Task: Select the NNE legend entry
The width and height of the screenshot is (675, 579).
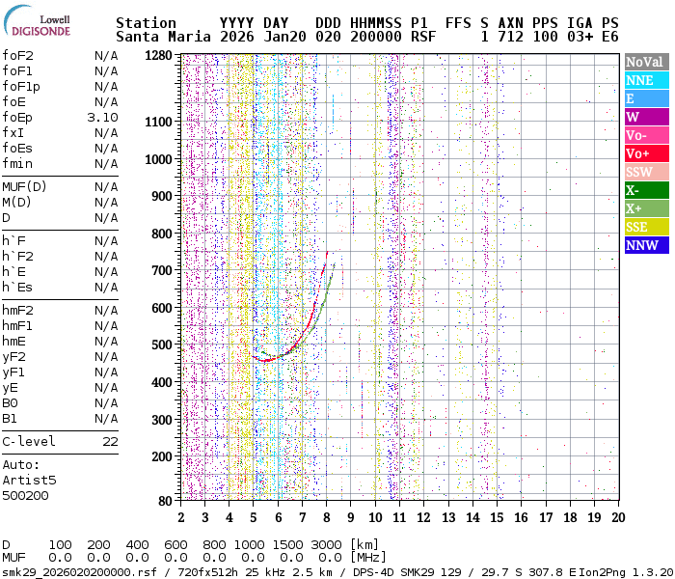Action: (x=646, y=80)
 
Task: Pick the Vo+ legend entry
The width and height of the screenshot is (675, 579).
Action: (x=646, y=153)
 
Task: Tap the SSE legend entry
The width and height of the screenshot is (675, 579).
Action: (x=646, y=227)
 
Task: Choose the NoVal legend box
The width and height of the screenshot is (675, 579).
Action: (x=646, y=62)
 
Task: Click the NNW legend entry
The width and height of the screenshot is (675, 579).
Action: (x=646, y=245)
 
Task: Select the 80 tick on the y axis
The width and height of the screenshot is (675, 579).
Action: (x=165, y=500)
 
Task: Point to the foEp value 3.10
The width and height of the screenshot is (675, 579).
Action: (x=102, y=118)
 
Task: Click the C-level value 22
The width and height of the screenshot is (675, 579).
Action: (x=110, y=442)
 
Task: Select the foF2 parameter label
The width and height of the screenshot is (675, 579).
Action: (x=17, y=56)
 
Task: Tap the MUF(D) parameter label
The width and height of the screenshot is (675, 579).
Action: (x=23, y=187)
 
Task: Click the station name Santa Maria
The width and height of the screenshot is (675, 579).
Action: (x=163, y=37)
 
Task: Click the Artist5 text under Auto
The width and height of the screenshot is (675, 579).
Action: (x=29, y=480)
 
